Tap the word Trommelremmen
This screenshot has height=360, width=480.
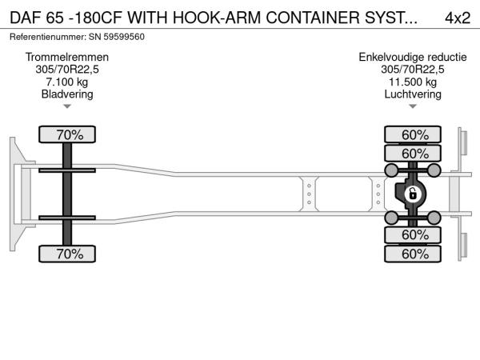pyautogui.click(x=67, y=58)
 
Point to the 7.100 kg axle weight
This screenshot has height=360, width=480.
pyautogui.click(x=67, y=82)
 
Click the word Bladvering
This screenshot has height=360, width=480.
pyautogui.click(x=67, y=94)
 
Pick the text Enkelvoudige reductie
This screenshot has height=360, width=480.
pyautogui.click(x=413, y=58)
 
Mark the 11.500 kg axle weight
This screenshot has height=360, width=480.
pyautogui.click(x=413, y=82)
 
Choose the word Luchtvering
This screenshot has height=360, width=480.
pyautogui.click(x=413, y=94)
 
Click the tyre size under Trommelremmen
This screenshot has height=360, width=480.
pyautogui.click(x=67, y=70)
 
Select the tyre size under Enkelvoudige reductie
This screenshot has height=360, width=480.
pyautogui.click(x=413, y=70)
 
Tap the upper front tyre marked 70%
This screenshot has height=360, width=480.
pyautogui.click(x=67, y=134)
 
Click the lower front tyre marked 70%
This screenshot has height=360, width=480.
pyautogui.click(x=67, y=254)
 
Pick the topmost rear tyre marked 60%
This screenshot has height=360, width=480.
pyautogui.click(x=414, y=134)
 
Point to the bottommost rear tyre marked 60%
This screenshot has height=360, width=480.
pyautogui.click(x=414, y=254)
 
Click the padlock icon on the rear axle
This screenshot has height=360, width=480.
pyautogui.click(x=413, y=194)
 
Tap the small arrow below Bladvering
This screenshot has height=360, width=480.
pyautogui.click(x=67, y=106)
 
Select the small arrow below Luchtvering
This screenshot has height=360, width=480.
pyautogui.click(x=413, y=106)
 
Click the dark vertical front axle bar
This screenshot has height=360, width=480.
pyautogui.click(x=67, y=194)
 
